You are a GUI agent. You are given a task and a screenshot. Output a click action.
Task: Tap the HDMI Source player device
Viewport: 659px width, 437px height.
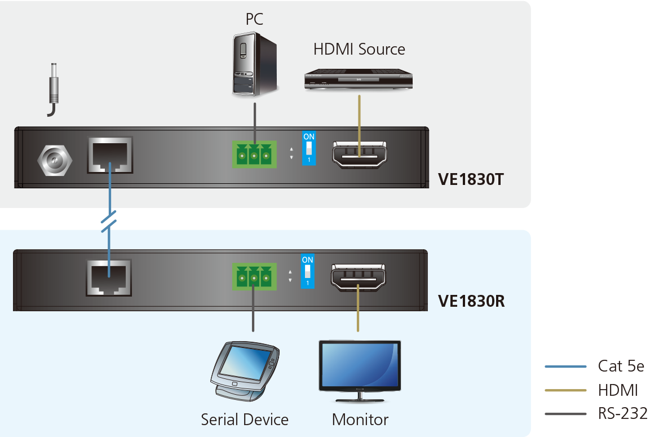(359, 79)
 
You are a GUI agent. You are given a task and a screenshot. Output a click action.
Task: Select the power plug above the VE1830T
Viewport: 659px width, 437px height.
(53, 90)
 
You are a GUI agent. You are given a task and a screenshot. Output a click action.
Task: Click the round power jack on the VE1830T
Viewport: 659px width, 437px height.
(55, 160)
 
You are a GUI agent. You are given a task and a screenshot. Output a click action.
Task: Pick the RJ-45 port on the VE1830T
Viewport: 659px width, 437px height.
(110, 155)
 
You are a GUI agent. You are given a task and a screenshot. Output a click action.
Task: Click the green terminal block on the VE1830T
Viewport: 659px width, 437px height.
(254, 154)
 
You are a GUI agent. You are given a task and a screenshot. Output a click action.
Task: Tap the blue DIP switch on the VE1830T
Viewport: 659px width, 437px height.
(309, 148)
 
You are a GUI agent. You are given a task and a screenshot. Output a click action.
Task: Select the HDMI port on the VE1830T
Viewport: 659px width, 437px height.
(360, 155)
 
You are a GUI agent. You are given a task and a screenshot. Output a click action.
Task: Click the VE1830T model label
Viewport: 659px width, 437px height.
(471, 179)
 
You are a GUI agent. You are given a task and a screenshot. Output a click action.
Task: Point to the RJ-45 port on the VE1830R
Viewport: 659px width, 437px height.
(109, 278)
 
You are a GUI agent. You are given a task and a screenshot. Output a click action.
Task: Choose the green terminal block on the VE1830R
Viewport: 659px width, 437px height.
(254, 276)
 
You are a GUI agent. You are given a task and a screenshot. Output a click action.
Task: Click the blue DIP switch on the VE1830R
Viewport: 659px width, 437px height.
(308, 271)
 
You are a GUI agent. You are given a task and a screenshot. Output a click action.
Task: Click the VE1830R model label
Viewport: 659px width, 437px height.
(471, 301)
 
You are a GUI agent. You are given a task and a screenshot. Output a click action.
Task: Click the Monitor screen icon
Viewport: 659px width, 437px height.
(360, 372)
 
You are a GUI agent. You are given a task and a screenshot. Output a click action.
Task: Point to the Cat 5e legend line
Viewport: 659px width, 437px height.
(565, 367)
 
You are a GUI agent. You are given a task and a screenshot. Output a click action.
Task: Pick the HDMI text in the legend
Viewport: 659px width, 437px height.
(618, 390)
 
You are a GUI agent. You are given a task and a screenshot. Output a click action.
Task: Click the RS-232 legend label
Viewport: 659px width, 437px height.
(623, 413)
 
